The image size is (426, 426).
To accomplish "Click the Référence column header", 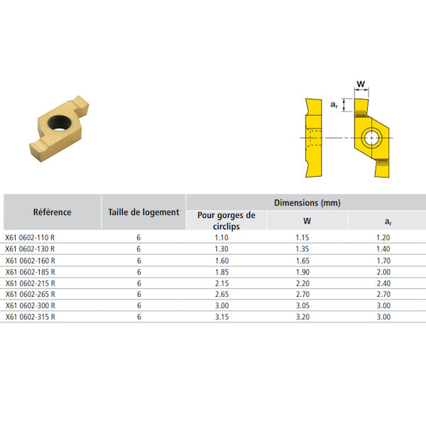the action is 52,212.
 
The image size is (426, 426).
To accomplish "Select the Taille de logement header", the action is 143,212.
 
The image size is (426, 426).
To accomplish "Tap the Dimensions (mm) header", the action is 307,202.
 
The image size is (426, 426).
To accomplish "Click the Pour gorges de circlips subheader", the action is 226,221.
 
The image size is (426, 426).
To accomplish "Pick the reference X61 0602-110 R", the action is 30,238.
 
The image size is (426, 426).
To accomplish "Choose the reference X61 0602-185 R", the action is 30,272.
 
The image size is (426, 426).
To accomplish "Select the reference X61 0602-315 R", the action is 30,317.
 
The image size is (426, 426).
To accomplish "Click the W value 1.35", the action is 302,249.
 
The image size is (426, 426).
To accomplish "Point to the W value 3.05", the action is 302,305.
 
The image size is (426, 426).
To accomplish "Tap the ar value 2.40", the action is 383,283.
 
